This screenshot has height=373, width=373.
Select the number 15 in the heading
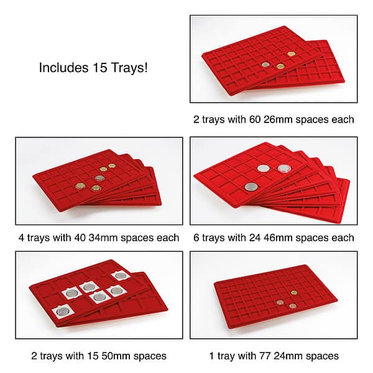96,67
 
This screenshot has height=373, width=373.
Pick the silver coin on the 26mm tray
265,64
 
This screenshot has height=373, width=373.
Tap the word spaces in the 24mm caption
320,356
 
